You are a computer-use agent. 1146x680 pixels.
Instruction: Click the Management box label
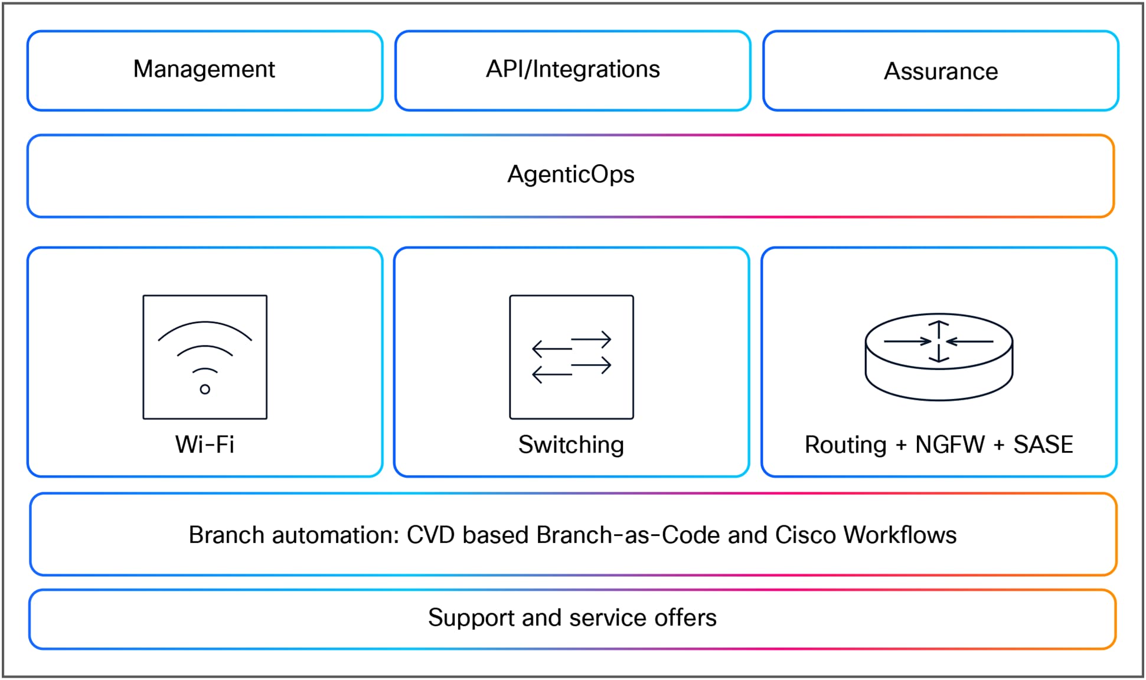204,70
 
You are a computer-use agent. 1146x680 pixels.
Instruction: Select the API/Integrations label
572,70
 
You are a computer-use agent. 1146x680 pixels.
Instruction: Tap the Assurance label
940,71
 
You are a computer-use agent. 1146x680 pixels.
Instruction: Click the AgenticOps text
570,175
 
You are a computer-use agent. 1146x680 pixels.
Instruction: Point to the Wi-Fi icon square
205,357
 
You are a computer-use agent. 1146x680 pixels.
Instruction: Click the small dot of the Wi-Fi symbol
205,389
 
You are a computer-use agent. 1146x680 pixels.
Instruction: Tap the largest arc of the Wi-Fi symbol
205,323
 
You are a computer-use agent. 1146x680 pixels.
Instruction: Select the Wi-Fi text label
205,444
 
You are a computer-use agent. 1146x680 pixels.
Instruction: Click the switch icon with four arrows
571,357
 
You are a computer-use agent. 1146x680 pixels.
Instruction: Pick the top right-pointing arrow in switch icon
591,339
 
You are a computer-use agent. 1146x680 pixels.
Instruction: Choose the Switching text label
571,445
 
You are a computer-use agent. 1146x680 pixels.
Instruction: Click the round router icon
939,357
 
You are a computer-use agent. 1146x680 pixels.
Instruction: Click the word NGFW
950,444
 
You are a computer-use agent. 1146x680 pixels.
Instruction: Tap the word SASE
1043,444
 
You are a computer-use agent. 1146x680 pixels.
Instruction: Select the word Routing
845,445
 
